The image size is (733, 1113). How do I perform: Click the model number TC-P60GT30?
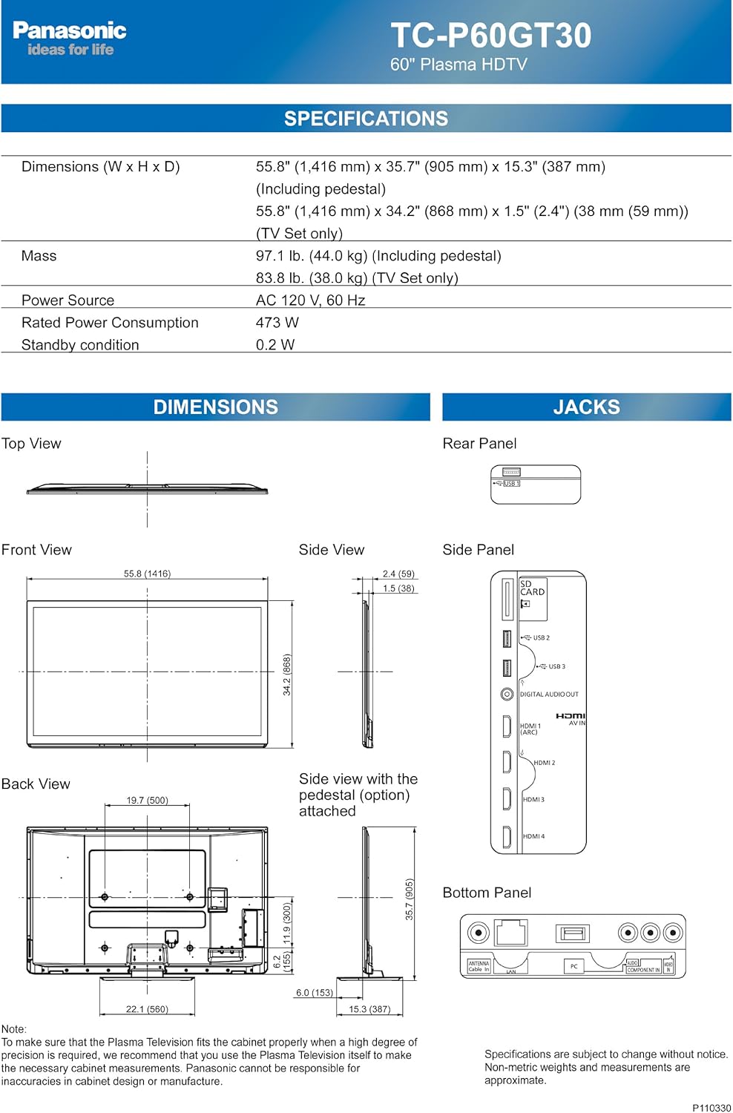click(x=490, y=36)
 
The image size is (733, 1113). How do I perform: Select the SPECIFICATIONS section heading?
click(x=366, y=119)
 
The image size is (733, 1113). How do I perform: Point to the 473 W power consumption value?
click(x=277, y=323)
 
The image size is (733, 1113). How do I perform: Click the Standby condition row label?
click(x=80, y=345)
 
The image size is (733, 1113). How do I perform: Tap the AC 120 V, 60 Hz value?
click(x=310, y=301)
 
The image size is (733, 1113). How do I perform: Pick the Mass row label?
click(x=39, y=256)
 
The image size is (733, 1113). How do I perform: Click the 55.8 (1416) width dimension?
click(x=147, y=574)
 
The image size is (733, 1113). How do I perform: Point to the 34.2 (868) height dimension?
click(x=286, y=674)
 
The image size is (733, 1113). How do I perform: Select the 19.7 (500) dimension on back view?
click(x=147, y=800)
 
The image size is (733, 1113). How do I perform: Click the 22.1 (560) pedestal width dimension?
click(x=147, y=1009)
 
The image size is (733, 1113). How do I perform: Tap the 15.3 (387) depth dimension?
click(x=369, y=1009)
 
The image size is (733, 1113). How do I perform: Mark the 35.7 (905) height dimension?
click(x=409, y=899)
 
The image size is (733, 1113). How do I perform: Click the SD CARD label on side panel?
click(x=532, y=588)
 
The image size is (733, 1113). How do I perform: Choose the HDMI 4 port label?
click(x=533, y=836)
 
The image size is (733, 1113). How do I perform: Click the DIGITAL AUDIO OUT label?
click(x=549, y=695)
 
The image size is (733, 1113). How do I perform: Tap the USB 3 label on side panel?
click(x=556, y=666)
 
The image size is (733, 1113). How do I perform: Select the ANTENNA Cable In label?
click(x=479, y=966)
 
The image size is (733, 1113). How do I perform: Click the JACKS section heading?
click(x=586, y=407)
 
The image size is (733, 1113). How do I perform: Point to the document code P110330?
click(x=711, y=1107)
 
